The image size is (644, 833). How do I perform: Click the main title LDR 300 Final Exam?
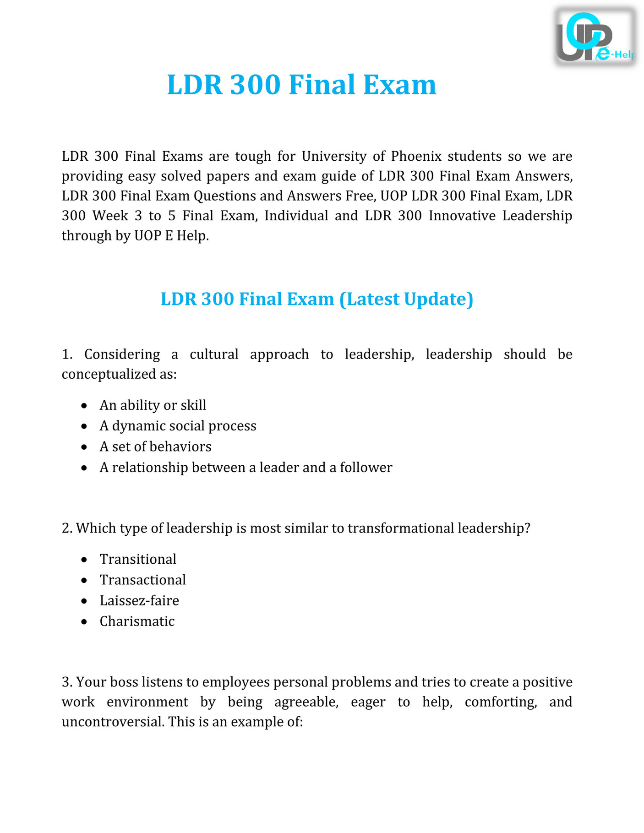pos(301,85)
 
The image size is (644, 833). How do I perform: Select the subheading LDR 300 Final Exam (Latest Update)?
pos(317,299)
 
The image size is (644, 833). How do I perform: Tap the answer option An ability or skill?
pos(153,405)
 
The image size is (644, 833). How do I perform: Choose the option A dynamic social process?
pos(178,426)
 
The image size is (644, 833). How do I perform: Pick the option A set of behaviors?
pos(155,446)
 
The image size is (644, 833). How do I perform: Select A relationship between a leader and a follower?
pos(246,468)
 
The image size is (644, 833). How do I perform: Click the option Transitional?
pos(138,559)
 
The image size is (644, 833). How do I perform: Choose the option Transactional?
pos(143,580)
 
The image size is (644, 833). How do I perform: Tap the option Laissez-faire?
pos(139,600)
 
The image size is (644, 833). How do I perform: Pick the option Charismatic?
pos(137,621)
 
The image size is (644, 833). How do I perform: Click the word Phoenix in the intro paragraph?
pos(416,157)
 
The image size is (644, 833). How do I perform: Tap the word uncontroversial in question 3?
pos(113,722)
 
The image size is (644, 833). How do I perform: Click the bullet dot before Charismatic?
pos(83,622)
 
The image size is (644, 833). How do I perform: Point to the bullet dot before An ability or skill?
pos(83,406)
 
